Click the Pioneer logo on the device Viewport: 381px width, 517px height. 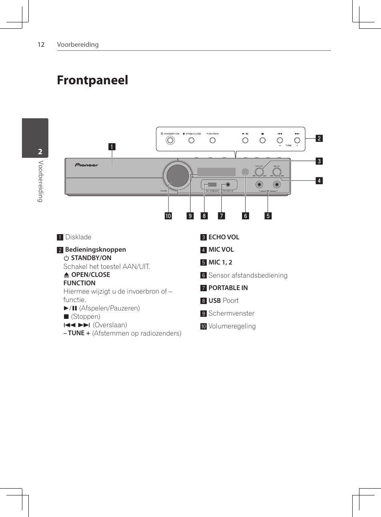86,165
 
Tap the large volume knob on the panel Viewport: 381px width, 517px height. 177,175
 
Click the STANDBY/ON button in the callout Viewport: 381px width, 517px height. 171,140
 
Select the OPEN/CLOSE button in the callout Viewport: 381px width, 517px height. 192,140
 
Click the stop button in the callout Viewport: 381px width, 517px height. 262,140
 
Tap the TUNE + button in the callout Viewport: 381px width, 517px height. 297,140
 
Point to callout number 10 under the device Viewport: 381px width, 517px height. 168,216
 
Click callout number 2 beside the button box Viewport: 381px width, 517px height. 319,138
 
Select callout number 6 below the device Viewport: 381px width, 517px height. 245,216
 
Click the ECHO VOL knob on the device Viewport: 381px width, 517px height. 259,172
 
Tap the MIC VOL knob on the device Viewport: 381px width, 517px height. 277,172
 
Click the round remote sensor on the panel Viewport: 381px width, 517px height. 245,172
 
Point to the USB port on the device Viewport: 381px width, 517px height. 212,185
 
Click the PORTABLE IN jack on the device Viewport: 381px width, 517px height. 228,185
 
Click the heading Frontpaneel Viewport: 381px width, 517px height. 92,80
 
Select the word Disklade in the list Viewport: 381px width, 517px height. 78,237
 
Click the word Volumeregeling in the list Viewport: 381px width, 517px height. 232,326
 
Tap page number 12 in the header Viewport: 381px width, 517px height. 41,45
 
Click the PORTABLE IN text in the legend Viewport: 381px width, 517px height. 228,288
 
